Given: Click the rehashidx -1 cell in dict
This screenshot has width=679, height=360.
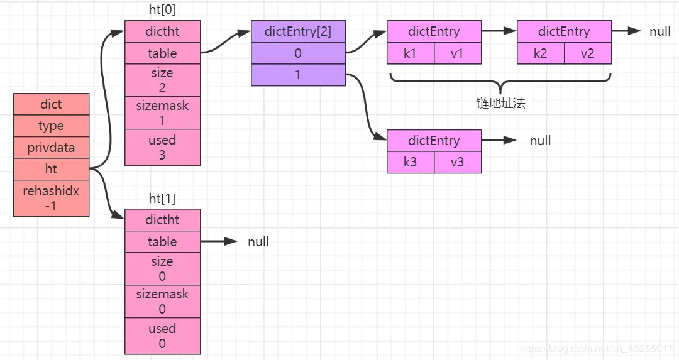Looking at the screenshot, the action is pyautogui.click(x=51, y=198).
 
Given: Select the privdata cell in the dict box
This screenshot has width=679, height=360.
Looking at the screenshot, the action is pyautogui.click(x=51, y=148).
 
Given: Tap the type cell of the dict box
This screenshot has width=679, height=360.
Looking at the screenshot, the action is pyautogui.click(x=51, y=126).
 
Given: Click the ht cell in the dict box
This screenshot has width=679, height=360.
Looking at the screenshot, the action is pyautogui.click(x=51, y=169).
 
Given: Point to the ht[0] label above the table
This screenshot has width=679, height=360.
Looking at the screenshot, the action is pyautogui.click(x=162, y=9).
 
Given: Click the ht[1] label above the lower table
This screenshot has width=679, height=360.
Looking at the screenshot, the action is pyautogui.click(x=162, y=198).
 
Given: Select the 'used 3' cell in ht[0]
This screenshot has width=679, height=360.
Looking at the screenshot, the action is pyautogui.click(x=162, y=147).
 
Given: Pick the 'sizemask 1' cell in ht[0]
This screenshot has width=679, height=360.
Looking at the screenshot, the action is pyautogui.click(x=162, y=112).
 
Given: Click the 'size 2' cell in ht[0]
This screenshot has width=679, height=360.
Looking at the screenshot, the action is pyautogui.click(x=162, y=80).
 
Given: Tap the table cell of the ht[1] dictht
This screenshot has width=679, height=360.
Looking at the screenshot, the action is pyautogui.click(x=162, y=241).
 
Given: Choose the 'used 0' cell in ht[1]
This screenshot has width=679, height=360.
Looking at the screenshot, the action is pyautogui.click(x=162, y=335).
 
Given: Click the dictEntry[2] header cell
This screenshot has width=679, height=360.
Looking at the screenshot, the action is pyautogui.click(x=299, y=31).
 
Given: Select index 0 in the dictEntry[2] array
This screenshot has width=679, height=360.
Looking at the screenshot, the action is pyautogui.click(x=299, y=53).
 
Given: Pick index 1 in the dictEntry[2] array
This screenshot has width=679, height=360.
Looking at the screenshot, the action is pyautogui.click(x=299, y=75).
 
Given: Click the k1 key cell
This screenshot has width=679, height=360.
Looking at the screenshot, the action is pyautogui.click(x=411, y=53).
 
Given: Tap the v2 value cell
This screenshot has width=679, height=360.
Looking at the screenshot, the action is pyautogui.click(x=588, y=53).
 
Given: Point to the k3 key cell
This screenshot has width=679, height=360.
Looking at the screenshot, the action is pyautogui.click(x=411, y=162).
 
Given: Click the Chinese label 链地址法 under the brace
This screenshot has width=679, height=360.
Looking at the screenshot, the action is pyautogui.click(x=500, y=103).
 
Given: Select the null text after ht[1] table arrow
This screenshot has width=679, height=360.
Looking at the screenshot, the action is pyautogui.click(x=258, y=241).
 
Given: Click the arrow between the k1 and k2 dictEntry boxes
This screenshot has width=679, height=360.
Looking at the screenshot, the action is pyautogui.click(x=499, y=31).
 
